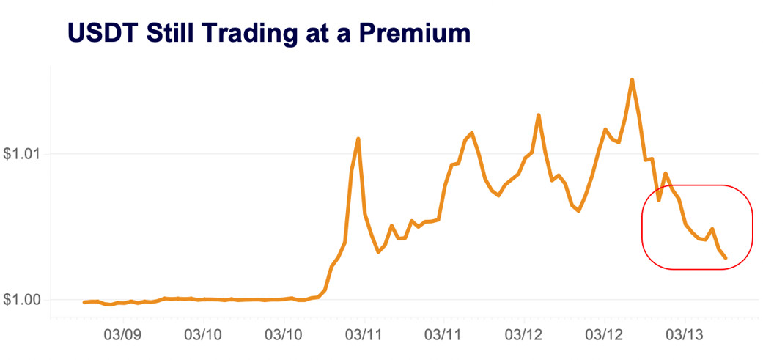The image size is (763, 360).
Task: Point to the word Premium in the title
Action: click(416, 33)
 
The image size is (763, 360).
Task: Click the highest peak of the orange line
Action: click(632, 79)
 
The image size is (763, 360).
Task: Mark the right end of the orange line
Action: click(726, 258)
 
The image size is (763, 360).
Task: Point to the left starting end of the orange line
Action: click(84, 302)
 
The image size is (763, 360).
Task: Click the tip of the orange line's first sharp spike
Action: click(358, 138)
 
